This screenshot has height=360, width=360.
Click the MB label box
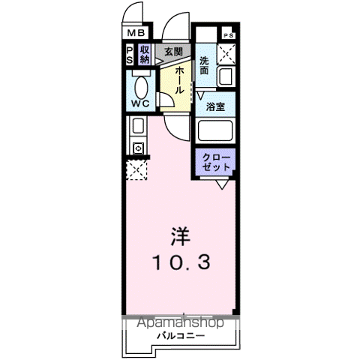[136, 34]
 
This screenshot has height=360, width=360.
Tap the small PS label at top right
[227, 35]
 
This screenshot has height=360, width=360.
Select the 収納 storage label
[145, 55]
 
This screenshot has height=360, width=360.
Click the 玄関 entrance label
[173, 52]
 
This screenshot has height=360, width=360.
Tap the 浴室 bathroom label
[216, 106]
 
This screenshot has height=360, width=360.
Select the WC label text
[140, 103]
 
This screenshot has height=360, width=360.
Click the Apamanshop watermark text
[179, 323]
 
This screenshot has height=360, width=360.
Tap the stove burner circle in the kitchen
[138, 148]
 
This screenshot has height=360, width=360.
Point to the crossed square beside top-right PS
[226, 54]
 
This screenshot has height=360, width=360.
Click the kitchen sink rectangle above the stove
[139, 126]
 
